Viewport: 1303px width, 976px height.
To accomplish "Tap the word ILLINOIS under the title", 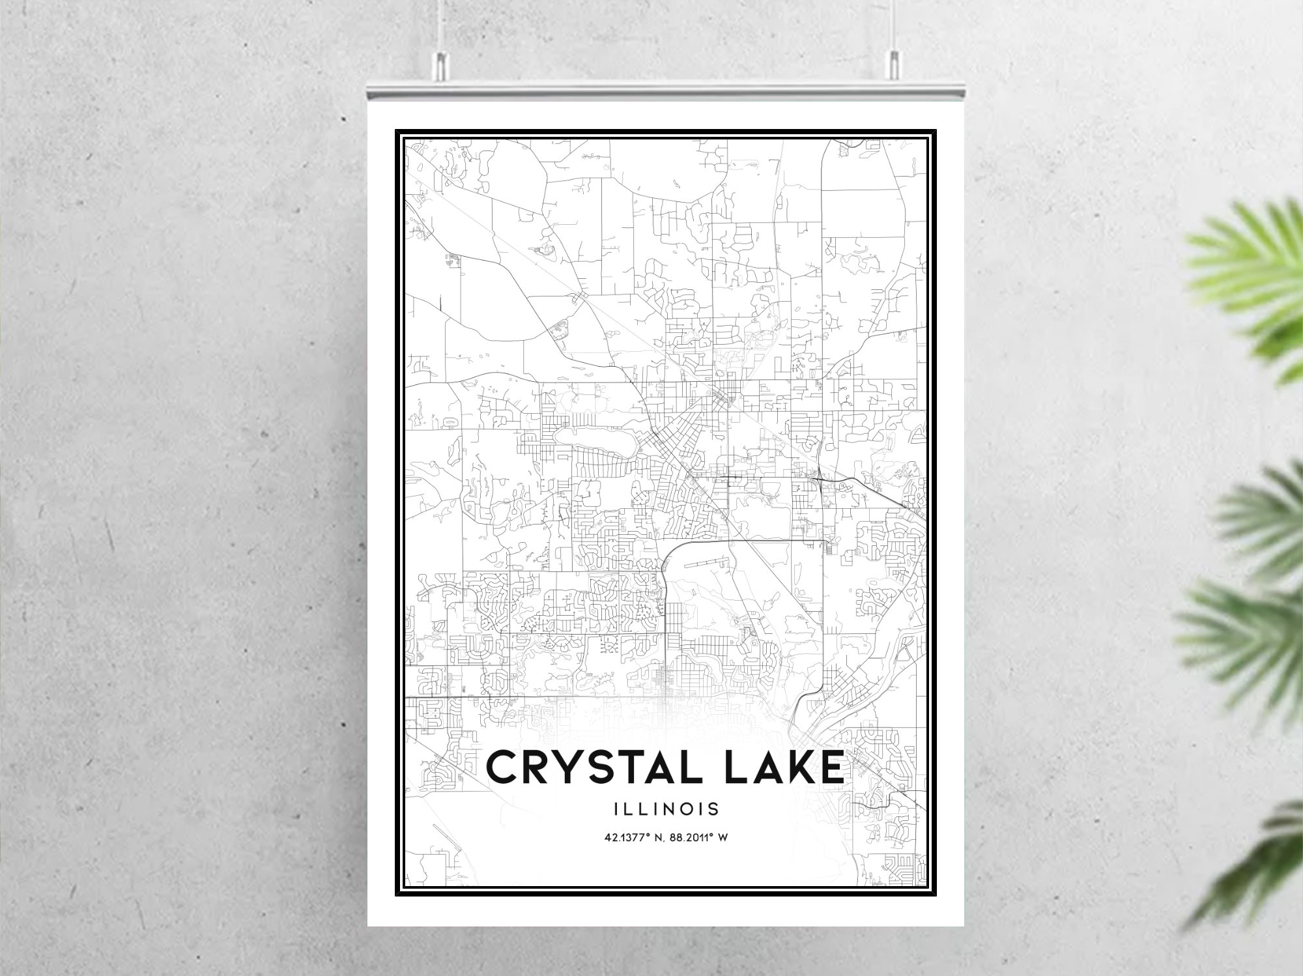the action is [x=666, y=809].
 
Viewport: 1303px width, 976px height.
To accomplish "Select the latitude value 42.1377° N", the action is [x=630, y=837].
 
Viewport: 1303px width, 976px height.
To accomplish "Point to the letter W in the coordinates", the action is [x=723, y=837].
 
